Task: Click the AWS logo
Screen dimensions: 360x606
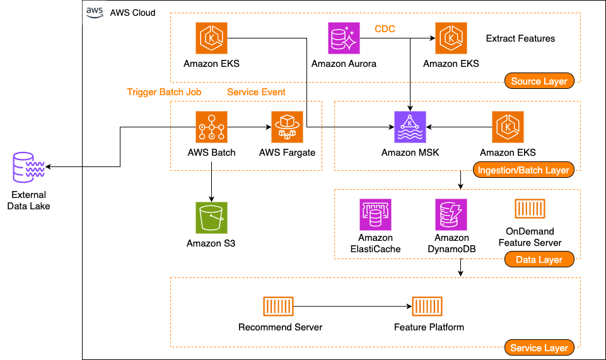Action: (95, 13)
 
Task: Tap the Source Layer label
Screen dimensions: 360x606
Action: (539, 81)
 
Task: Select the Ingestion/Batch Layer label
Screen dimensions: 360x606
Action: (523, 170)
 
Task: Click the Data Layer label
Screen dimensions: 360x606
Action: (539, 259)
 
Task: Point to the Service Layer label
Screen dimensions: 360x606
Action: (539, 347)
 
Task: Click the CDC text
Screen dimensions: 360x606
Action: (385, 29)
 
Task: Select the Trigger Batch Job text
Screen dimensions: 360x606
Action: (164, 92)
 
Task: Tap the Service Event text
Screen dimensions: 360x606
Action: (256, 92)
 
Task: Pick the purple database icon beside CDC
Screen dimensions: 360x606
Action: (344, 38)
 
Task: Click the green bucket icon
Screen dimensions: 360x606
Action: (211, 218)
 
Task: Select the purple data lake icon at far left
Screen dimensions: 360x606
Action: (29, 167)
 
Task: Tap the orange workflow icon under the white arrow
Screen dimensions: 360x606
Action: (211, 127)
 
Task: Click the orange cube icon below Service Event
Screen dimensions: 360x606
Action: (287, 127)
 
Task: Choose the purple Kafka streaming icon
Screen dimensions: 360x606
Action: (410, 127)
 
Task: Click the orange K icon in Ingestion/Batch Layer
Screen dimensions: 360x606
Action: (508, 127)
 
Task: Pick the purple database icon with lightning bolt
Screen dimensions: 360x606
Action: (451, 214)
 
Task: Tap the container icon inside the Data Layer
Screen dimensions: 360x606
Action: (530, 209)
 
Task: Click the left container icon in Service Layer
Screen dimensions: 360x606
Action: (278, 306)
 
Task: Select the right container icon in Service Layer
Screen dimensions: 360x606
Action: (427, 306)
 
